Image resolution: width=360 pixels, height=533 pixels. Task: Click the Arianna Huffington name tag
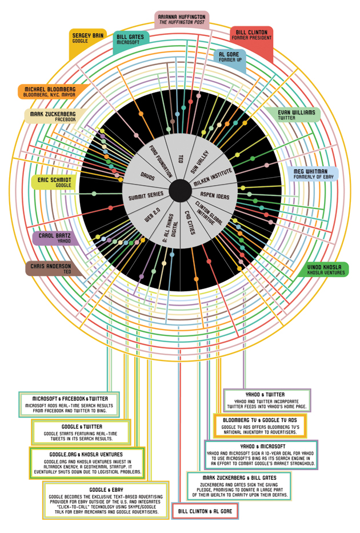click(182, 20)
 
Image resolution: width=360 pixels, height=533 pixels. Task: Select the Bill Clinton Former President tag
click(251, 35)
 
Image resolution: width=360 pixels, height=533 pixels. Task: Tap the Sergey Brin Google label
click(88, 38)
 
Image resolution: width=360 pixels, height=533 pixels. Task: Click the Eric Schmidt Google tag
click(54, 182)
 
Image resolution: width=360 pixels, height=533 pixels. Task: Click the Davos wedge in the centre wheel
click(147, 171)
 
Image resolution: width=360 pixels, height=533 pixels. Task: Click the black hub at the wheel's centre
click(180, 189)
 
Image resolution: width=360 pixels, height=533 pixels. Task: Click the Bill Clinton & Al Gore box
click(205, 511)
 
